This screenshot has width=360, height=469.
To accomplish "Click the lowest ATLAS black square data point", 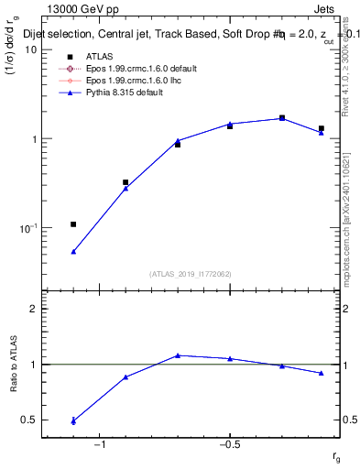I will pyautogui.click(x=73, y=224).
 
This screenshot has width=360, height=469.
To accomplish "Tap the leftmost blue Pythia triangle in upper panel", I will pyautogui.click(x=73, y=251).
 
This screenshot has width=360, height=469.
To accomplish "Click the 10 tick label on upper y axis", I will pyautogui.click(x=31, y=49).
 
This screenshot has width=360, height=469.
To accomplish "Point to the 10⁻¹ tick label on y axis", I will pyautogui.click(x=27, y=227).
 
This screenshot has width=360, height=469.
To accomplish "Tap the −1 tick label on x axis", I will pyautogui.click(x=100, y=445).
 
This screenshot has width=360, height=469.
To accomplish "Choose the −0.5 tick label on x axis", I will pyautogui.click(x=229, y=445).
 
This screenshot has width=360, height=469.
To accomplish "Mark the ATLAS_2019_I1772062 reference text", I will pyautogui.click(x=191, y=274).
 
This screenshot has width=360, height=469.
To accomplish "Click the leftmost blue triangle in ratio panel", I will pyautogui.click(x=73, y=421).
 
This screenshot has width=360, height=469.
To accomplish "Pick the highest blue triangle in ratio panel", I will pyautogui.click(x=178, y=355).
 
